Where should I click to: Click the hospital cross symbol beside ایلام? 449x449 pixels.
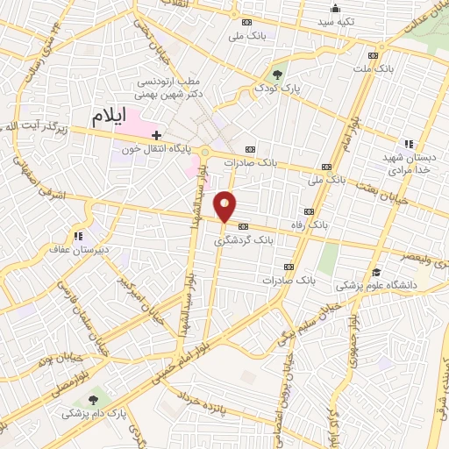(x=156, y=135)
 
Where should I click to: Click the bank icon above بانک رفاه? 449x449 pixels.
(x=308, y=211)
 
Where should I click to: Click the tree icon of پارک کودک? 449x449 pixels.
(x=278, y=74)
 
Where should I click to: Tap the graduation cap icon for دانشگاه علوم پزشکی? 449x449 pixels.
(x=376, y=272)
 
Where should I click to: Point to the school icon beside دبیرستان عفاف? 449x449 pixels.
(x=79, y=235)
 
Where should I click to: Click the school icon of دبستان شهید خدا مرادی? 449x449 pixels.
(x=407, y=143)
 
